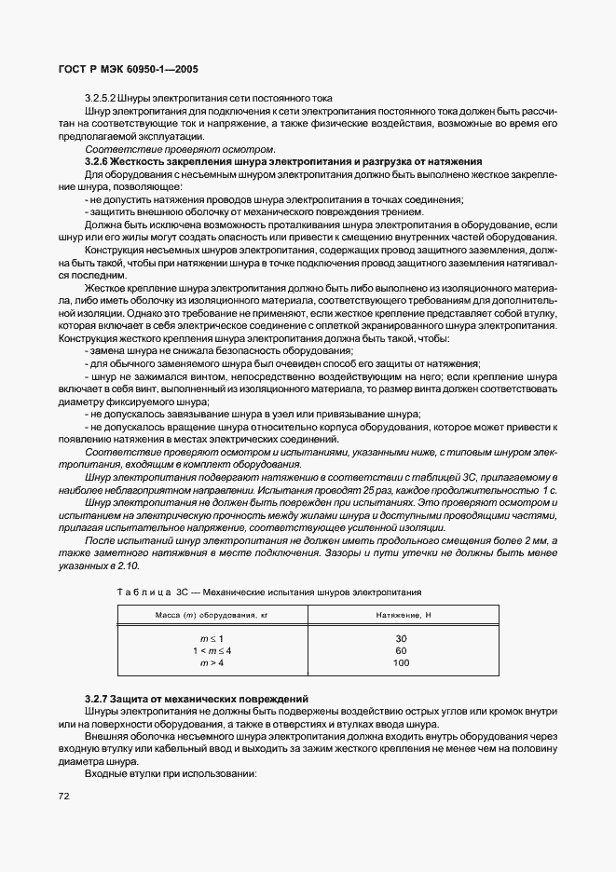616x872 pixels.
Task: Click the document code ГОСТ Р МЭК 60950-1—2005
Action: tap(127, 70)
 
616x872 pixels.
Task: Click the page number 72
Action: tap(63, 796)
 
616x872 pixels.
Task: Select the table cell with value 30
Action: tap(402, 639)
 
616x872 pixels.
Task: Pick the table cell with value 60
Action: tap(402, 651)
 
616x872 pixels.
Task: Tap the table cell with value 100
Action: tap(402, 663)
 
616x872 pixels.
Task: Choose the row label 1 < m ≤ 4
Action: tap(212, 651)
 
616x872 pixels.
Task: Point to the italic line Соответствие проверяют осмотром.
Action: tap(180, 149)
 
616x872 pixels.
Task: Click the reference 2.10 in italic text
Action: tap(128, 565)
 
